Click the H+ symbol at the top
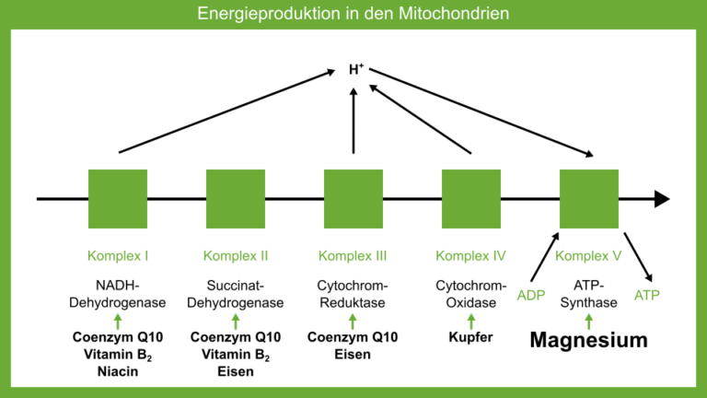pos(356,69)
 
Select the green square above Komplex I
pos(118,198)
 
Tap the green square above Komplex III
pos(353,198)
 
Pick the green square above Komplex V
pos(589,198)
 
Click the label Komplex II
pos(236,255)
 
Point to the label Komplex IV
pos(471,255)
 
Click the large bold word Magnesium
pos(589,341)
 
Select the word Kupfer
pos(471,337)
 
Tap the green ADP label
pos(532,295)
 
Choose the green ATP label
pos(647,295)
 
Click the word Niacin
pos(118,372)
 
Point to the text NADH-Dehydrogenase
pos(118,294)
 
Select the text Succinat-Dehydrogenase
pos(236,294)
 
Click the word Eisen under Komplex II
pos(236,372)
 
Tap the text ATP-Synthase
pos(589,294)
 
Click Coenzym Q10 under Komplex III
pos(353,337)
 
